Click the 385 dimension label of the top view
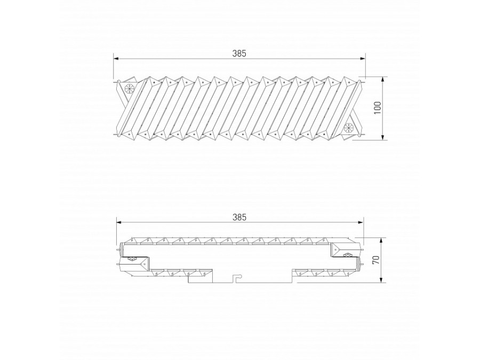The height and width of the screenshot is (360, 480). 239,53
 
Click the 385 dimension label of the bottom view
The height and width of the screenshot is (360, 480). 239,217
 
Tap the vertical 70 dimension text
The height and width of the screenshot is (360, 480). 375,260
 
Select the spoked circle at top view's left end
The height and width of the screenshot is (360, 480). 129,89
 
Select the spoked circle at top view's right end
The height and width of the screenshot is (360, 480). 349,128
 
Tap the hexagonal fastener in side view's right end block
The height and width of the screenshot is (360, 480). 348,254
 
